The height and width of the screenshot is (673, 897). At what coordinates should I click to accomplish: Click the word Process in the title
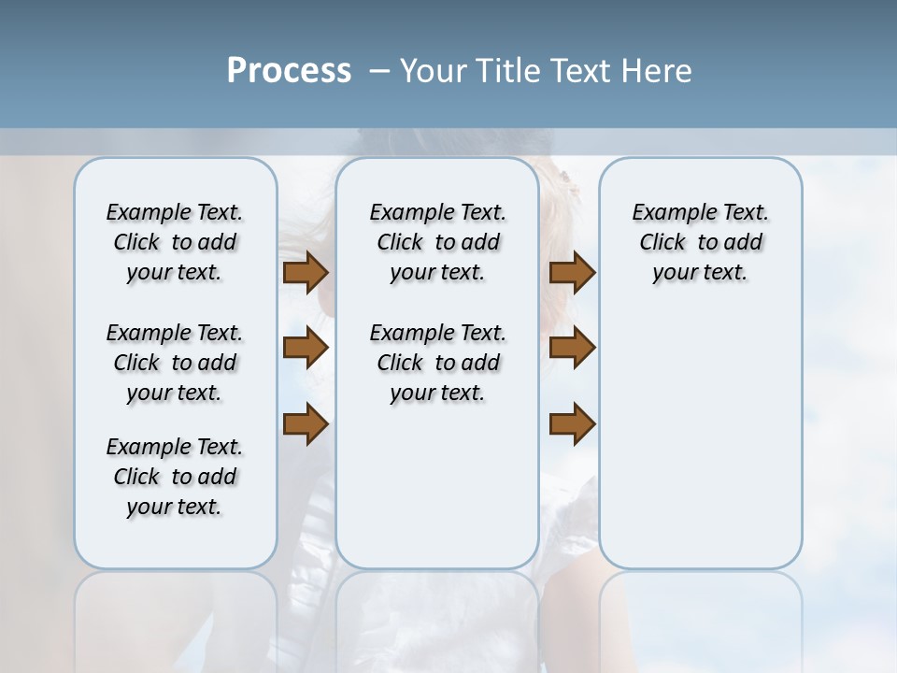tap(289, 71)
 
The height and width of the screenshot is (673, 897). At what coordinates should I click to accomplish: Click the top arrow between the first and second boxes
tap(306, 273)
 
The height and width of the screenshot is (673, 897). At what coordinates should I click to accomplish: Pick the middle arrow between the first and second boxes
tap(306, 348)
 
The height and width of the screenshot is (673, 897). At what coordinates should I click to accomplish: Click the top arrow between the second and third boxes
tap(572, 273)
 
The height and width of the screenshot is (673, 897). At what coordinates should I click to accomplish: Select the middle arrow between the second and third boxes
tap(572, 348)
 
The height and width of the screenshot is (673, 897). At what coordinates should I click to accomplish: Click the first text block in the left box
tap(175, 242)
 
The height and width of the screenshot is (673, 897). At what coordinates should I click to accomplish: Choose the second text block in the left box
tap(175, 363)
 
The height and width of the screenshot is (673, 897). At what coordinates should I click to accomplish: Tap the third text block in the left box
tap(175, 477)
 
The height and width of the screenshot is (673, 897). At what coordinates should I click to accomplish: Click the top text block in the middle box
tap(437, 242)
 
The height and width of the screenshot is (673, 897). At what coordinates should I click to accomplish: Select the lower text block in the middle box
tap(437, 363)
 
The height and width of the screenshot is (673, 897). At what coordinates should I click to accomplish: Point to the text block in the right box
tap(700, 242)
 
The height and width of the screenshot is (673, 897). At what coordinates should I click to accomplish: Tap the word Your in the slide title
tap(432, 71)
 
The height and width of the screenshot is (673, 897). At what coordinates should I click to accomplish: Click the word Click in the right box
tap(662, 243)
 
